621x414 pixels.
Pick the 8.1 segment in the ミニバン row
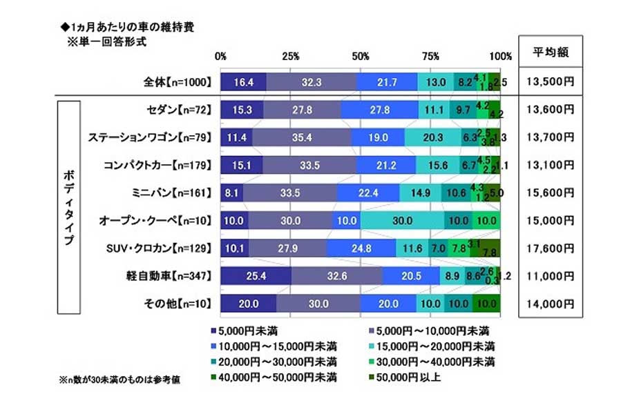(x=232, y=193)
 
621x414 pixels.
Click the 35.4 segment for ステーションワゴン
(x=302, y=137)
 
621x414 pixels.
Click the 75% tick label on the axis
(x=430, y=56)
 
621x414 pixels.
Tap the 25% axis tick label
(x=291, y=56)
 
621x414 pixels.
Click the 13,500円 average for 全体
(x=551, y=82)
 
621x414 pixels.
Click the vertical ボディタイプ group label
(x=66, y=207)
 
